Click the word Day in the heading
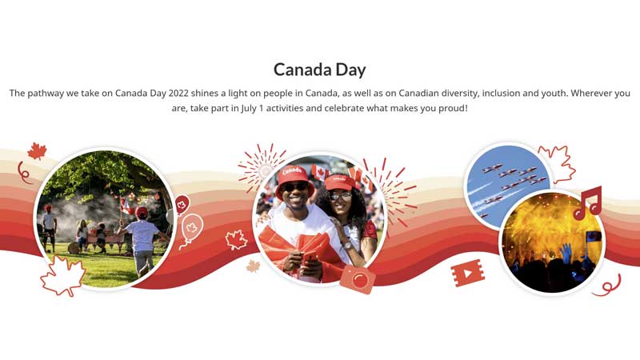tap(350, 69)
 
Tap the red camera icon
tap(357, 279)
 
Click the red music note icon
tap(588, 203)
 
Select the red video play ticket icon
tap(467, 274)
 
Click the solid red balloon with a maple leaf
tap(182, 204)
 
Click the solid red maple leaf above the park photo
tap(37, 150)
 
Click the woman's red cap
tap(339, 182)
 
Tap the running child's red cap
tap(142, 212)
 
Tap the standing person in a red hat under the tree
tap(49, 227)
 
